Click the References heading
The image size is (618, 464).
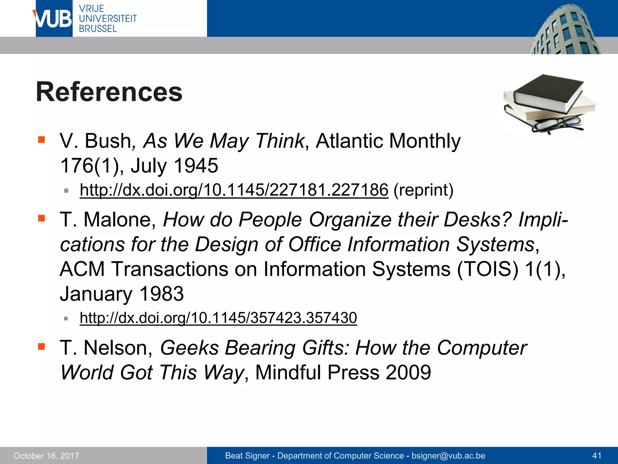click(109, 92)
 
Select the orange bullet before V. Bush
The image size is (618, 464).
click(41, 140)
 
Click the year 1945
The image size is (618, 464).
click(196, 166)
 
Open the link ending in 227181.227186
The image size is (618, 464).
click(234, 190)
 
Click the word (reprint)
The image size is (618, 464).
click(423, 190)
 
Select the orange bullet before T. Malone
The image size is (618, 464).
click(41, 218)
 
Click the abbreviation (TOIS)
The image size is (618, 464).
click(488, 269)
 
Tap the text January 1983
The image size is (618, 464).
click(122, 294)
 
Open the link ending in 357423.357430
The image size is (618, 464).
click(218, 318)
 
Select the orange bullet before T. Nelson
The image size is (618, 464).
click(41, 346)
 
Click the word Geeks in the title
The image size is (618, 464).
click(189, 348)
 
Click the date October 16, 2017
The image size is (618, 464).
click(46, 456)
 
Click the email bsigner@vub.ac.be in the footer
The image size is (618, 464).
click(448, 456)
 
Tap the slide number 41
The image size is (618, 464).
click(597, 456)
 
